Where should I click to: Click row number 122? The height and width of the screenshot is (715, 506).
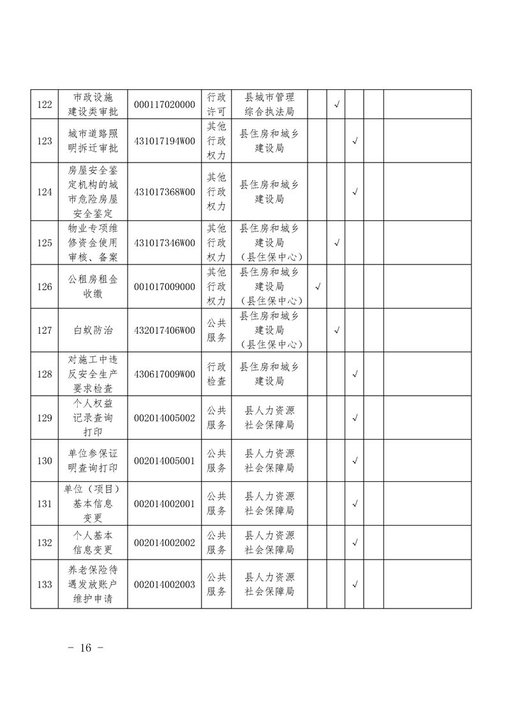45,105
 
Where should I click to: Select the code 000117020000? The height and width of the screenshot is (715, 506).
165,105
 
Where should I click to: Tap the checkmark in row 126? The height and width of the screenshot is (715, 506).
318,287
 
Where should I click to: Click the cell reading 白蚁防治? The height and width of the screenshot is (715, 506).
93,330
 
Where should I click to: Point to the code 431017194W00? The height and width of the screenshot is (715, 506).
165,141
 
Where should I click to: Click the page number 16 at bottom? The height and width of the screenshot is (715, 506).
86,647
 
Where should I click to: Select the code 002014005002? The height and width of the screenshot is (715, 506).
165,417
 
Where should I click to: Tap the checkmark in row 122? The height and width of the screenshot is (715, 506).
336,105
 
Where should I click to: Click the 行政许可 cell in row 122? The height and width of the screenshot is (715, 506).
216,105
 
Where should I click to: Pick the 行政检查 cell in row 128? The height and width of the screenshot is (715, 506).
216,374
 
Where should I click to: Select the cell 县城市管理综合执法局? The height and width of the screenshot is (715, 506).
270,105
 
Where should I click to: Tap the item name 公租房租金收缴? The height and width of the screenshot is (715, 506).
93,287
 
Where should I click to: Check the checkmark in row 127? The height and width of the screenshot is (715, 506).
336,330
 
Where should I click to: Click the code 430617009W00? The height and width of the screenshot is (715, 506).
165,374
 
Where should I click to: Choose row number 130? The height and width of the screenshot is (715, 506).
45,461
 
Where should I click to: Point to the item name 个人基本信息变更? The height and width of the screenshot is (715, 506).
93,542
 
